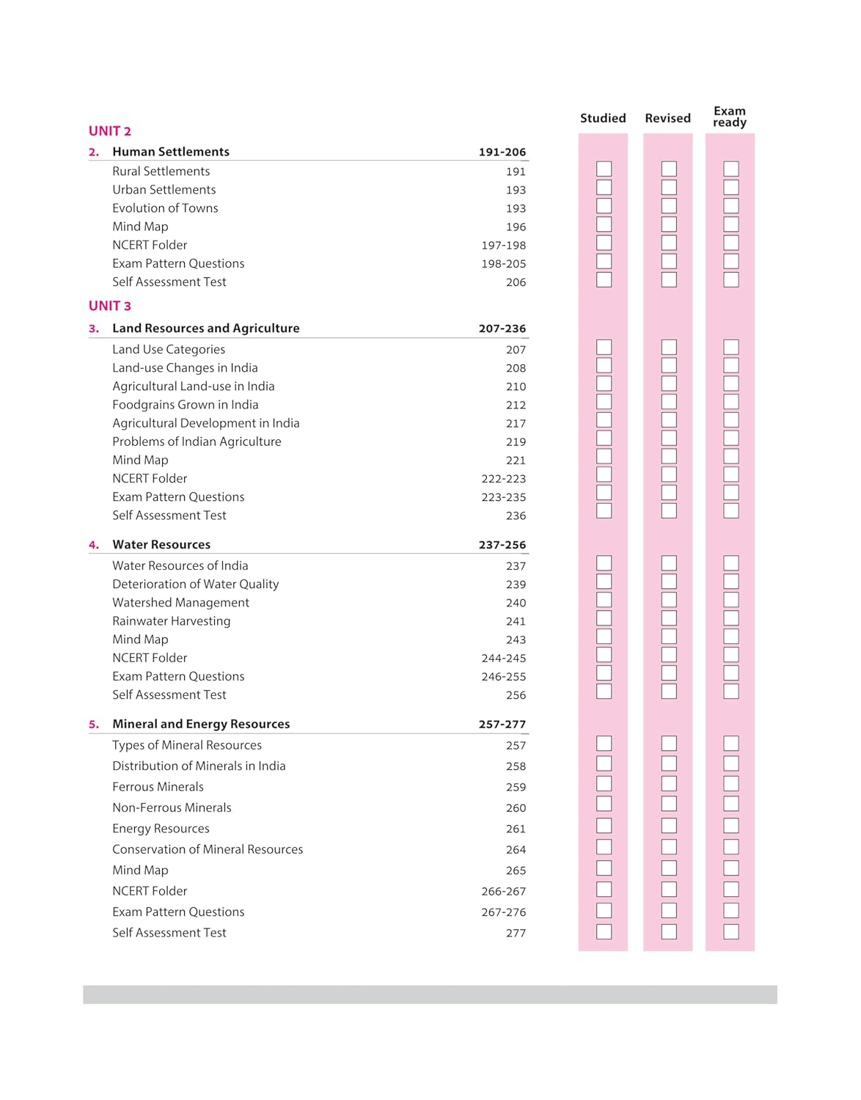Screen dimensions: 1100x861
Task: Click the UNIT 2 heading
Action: [110, 131]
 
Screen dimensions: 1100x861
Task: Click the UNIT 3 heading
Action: [110, 306]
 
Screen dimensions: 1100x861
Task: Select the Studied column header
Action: [603, 118]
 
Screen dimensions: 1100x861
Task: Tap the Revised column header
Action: [667, 118]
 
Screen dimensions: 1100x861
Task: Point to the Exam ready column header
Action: [730, 117]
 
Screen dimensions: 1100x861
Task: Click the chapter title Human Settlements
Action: [171, 152]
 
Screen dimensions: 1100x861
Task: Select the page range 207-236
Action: [502, 329]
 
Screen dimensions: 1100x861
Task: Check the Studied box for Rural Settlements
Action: [604, 169]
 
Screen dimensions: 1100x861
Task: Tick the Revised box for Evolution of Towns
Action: [669, 206]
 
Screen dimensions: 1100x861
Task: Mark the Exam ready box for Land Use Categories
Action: [731, 348]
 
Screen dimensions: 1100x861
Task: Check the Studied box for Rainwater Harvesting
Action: [604, 618]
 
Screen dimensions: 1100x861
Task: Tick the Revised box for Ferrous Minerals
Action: [669, 784]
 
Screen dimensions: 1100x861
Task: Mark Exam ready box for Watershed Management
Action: [731, 600]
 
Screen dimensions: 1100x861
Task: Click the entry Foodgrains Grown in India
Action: [186, 405]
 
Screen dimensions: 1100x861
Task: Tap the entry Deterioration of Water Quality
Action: [196, 584]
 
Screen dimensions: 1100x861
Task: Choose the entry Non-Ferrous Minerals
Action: [172, 807]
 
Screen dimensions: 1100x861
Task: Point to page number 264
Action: [516, 850]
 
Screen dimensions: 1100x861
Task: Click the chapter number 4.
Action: [93, 545]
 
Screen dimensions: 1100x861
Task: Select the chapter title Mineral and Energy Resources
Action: [201, 724]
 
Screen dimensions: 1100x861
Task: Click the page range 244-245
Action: [504, 659]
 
